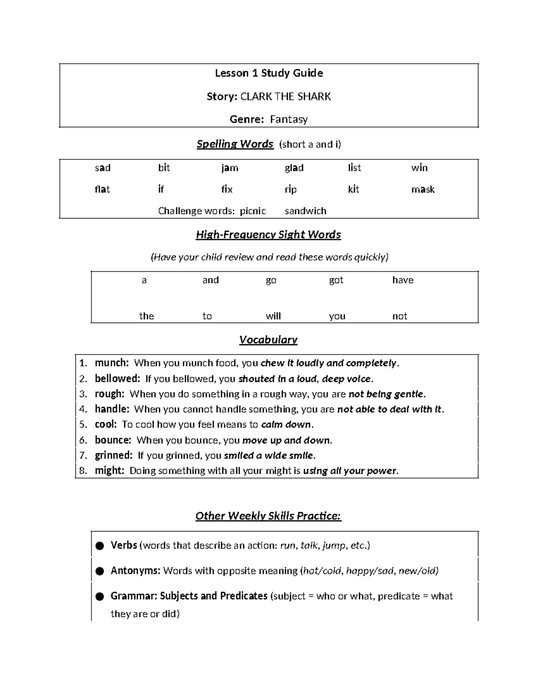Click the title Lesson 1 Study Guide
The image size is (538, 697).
(269, 73)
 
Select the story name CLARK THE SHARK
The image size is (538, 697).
(286, 96)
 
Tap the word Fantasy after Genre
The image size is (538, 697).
(288, 119)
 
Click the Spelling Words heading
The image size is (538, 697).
(235, 144)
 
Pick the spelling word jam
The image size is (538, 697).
(230, 168)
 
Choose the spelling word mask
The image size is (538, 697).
(423, 189)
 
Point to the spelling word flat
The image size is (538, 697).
(102, 189)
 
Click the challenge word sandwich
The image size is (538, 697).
(305, 211)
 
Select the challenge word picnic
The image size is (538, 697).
(253, 211)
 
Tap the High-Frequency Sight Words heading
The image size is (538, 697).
(268, 235)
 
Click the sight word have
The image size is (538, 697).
(403, 280)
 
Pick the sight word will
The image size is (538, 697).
(273, 316)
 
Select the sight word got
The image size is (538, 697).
(336, 280)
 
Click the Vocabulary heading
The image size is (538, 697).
(268, 340)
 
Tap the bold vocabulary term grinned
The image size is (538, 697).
(113, 455)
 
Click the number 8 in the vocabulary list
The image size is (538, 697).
(82, 471)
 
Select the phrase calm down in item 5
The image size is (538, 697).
(286, 425)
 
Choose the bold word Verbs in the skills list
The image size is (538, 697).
(124, 545)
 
